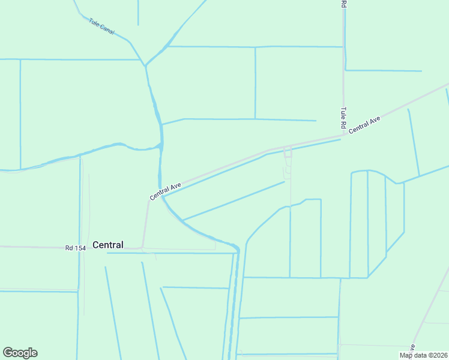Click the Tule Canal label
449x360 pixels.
(101, 26)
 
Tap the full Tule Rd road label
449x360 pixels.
(343, 118)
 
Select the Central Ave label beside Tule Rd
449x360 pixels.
(365, 124)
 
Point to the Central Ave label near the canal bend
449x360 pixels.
(166, 192)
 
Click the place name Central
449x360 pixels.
(108, 245)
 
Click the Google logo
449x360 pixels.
(20, 353)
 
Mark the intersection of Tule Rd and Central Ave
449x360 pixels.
(344, 136)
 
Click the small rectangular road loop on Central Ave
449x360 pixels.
(288, 154)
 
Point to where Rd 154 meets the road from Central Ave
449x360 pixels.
(142, 247)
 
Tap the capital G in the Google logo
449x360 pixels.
(7, 353)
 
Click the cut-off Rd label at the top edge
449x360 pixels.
(344, 4)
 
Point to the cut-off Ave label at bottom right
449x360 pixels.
(412, 347)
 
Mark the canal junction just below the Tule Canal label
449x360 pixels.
(144, 64)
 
